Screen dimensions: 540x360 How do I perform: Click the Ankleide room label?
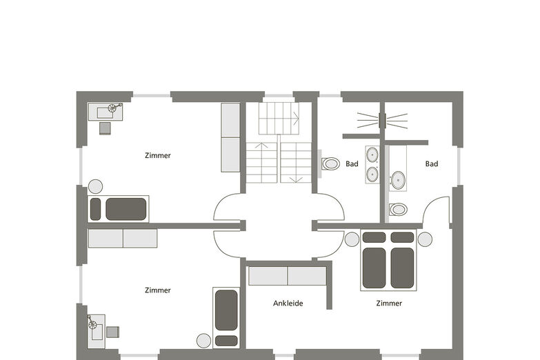click(x=288, y=303)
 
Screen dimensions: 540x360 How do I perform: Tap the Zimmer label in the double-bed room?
click(x=389, y=303)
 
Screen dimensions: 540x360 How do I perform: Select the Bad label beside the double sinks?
click(x=352, y=163)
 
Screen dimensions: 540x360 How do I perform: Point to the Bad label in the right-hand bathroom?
click(x=432, y=163)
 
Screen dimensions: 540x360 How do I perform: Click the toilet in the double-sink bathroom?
click(x=330, y=163)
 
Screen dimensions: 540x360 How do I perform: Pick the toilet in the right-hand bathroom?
click(x=398, y=209)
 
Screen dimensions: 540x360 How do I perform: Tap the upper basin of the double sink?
click(x=372, y=154)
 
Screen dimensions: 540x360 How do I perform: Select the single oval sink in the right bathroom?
click(x=398, y=180)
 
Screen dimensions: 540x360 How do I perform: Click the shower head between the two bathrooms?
click(x=382, y=121)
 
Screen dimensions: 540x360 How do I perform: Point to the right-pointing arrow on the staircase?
click(x=295, y=118)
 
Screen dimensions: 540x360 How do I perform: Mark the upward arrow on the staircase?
click(x=261, y=145)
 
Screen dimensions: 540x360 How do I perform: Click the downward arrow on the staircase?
click(x=295, y=179)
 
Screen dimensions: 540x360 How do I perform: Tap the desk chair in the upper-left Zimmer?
click(x=105, y=128)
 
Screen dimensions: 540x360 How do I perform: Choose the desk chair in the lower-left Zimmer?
click(x=112, y=332)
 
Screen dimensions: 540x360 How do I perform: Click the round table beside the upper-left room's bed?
click(x=95, y=186)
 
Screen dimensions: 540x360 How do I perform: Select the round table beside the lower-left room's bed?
click(x=203, y=341)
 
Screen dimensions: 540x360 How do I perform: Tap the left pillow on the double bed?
click(x=374, y=237)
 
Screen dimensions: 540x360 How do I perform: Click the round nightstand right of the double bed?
click(x=425, y=239)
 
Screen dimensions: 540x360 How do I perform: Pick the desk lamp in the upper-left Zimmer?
click(x=113, y=108)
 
